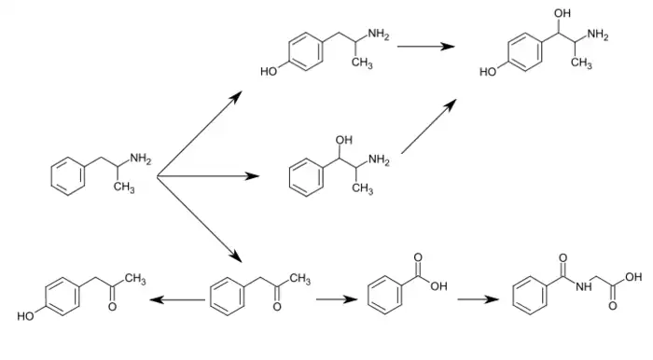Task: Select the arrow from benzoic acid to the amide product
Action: click(x=477, y=299)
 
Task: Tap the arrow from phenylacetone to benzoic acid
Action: click(x=333, y=299)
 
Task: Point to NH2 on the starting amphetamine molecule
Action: click(x=140, y=159)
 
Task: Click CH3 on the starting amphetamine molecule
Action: click(x=123, y=188)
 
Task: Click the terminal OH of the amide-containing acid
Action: click(x=634, y=277)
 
